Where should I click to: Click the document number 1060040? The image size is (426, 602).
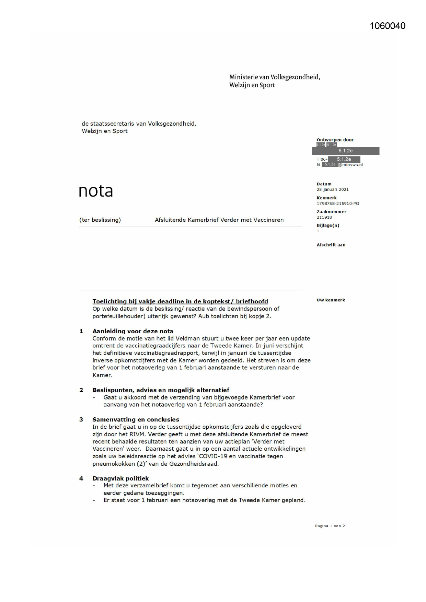[x=388, y=26]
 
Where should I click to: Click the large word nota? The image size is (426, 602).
[x=96, y=191]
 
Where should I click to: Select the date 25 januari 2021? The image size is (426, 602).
[x=332, y=189]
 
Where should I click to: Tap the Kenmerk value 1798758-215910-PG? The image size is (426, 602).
[x=337, y=204]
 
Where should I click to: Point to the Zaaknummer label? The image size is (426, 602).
[x=331, y=212]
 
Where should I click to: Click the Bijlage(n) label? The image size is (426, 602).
[x=328, y=225]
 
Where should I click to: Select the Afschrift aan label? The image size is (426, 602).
[x=331, y=245]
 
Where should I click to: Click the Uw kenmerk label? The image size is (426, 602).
[x=331, y=300]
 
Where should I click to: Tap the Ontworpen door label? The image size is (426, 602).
[x=335, y=140]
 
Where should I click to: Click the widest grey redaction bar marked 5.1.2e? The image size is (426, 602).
[x=345, y=151]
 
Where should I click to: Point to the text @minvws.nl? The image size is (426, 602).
[x=350, y=165]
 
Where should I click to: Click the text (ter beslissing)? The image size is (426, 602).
[x=100, y=220]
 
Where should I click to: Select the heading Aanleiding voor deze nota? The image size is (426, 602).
[x=133, y=331]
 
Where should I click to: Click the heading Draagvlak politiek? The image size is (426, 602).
[x=120, y=478]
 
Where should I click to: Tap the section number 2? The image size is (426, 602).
[x=81, y=390]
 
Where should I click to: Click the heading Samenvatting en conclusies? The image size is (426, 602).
[x=136, y=419]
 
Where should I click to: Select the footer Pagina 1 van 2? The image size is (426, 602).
[x=330, y=526]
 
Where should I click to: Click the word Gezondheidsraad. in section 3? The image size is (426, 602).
[x=196, y=464]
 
